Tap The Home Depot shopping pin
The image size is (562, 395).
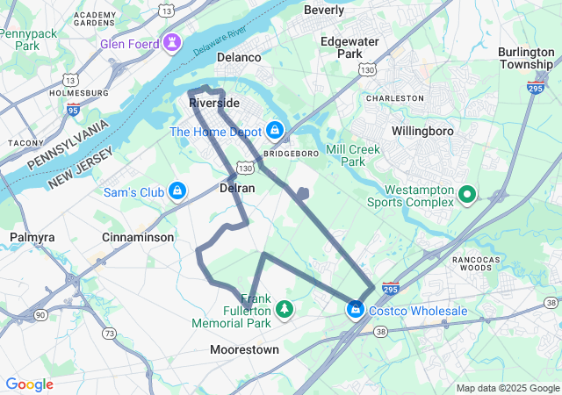(275, 131)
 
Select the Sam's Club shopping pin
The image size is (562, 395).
(177, 190)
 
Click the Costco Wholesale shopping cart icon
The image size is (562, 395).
(356, 310)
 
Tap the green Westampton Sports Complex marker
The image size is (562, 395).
(468, 194)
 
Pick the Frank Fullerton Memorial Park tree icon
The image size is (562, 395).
(284, 309)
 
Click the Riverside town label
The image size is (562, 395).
(214, 103)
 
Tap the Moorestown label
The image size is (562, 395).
(244, 349)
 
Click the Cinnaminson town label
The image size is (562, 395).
(138, 237)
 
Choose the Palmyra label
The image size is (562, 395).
(32, 237)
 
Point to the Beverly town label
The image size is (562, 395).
(324, 10)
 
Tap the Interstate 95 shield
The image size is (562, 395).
(74, 109)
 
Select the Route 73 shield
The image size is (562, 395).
(109, 333)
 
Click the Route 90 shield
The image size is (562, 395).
(40, 314)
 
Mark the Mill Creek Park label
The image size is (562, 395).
(353, 155)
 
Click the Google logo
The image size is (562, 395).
(29, 384)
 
